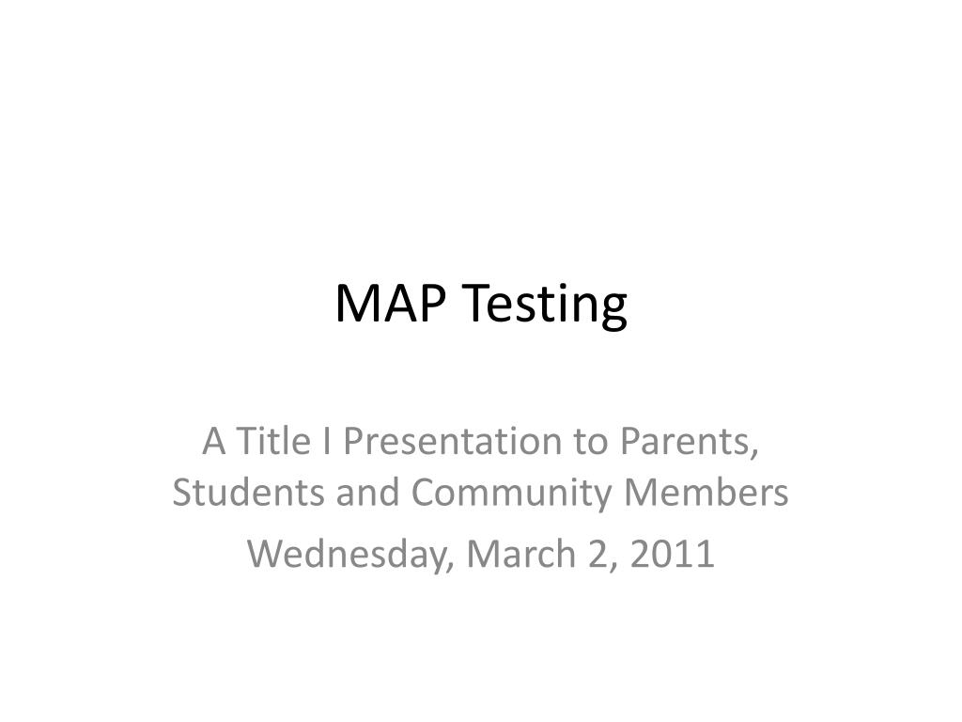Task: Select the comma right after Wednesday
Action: (455, 564)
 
